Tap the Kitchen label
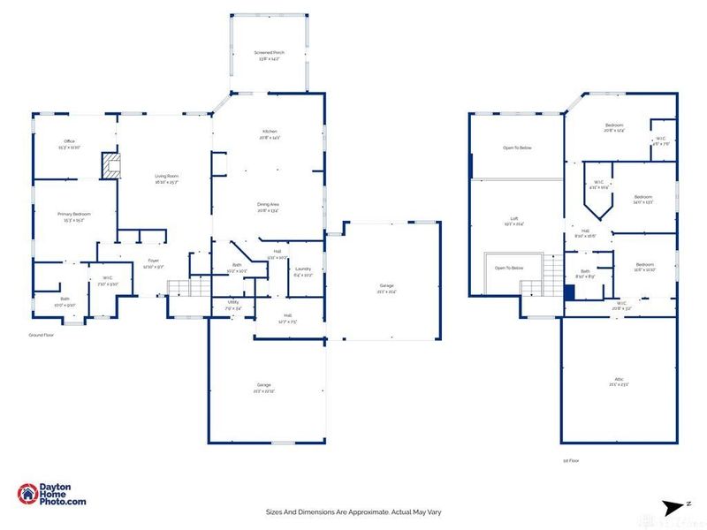[269, 132]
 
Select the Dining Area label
[269, 205]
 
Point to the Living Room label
[167, 177]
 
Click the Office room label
[70, 141]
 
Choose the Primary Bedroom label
[74, 214]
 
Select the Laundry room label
[303, 269]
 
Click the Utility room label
[233, 302]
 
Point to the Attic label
[620, 379]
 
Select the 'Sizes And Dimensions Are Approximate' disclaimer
[353, 511]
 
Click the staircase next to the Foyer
[179, 285]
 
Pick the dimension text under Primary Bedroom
[74, 220]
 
